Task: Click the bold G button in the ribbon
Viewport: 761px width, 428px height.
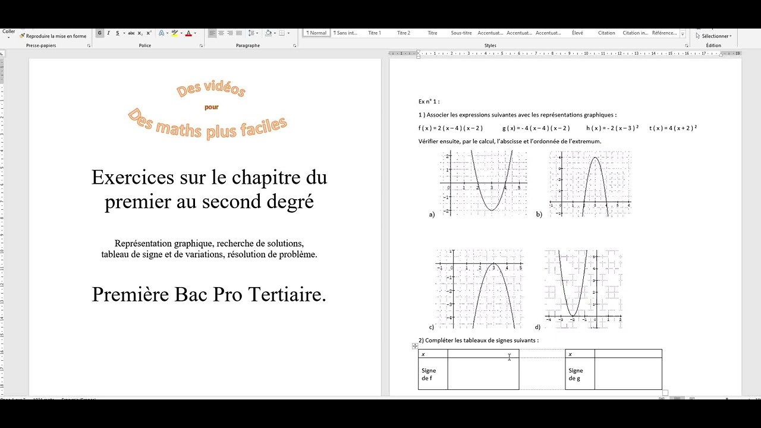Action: coord(100,33)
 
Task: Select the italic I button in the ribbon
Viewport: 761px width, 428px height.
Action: coord(109,33)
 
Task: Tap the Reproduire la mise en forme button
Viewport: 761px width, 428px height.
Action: coord(53,36)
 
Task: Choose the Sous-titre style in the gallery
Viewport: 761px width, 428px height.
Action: coord(461,33)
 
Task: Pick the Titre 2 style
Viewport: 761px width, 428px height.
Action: coord(404,33)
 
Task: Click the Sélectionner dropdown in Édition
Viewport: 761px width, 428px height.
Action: coord(713,36)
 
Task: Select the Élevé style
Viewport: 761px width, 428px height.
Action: coord(577,33)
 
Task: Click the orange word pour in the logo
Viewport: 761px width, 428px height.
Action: coord(211,108)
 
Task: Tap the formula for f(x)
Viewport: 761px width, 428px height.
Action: coord(451,128)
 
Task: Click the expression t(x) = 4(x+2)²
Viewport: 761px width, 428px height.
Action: coord(673,128)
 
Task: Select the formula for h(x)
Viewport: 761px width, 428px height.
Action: coord(612,128)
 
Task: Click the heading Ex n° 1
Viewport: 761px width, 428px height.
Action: coord(429,102)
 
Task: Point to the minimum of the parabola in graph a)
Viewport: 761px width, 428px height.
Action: coord(492,210)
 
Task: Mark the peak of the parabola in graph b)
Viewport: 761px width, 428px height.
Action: coord(595,157)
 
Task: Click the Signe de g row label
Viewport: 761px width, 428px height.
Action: coord(576,374)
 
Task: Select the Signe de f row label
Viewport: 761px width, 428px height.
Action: coord(429,374)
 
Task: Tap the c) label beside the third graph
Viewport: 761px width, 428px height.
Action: coord(432,327)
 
